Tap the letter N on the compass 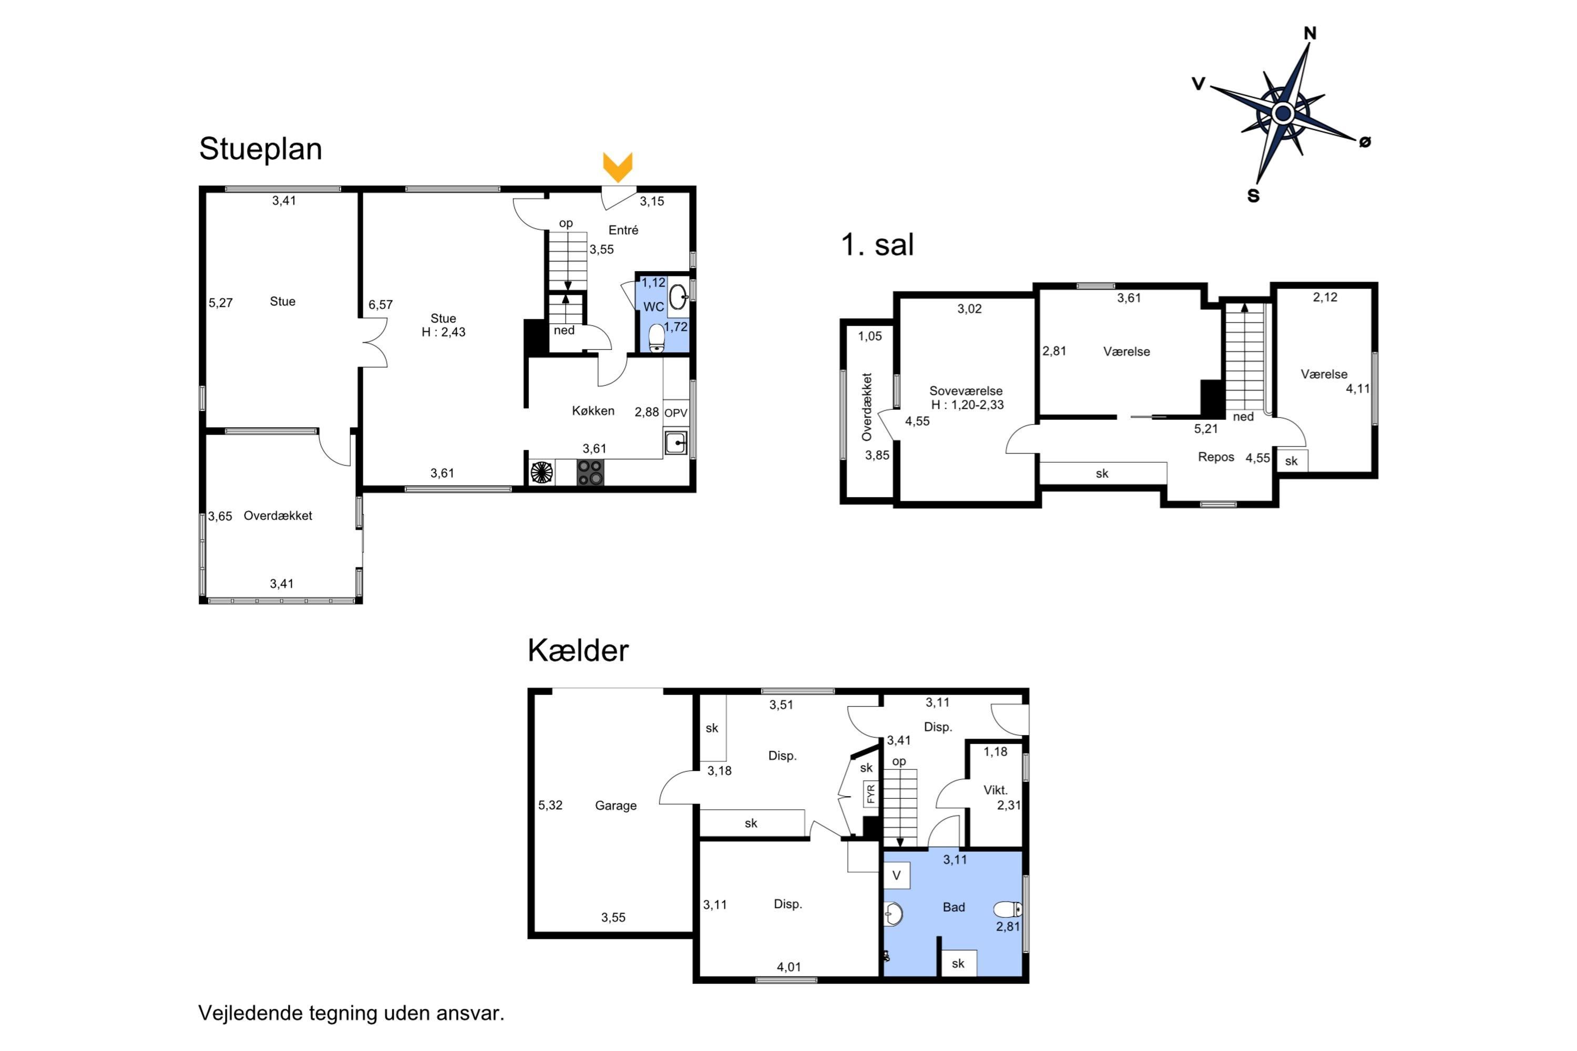click(x=1309, y=33)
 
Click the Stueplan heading click(x=260, y=149)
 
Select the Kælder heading click(x=578, y=650)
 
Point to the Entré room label click(x=623, y=230)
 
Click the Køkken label click(x=593, y=411)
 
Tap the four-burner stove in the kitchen click(x=590, y=472)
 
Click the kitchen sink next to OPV click(x=675, y=443)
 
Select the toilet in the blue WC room click(x=657, y=338)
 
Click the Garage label click(x=616, y=805)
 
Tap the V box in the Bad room click(x=896, y=875)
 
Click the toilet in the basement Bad click(x=1008, y=909)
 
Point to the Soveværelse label click(x=966, y=391)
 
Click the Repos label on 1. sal click(x=1215, y=457)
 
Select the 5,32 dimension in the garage click(x=550, y=805)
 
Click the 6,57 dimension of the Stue click(x=380, y=304)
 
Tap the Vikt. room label click(x=995, y=790)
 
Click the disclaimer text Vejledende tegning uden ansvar click(x=351, y=1013)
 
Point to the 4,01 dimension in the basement click(x=788, y=966)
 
